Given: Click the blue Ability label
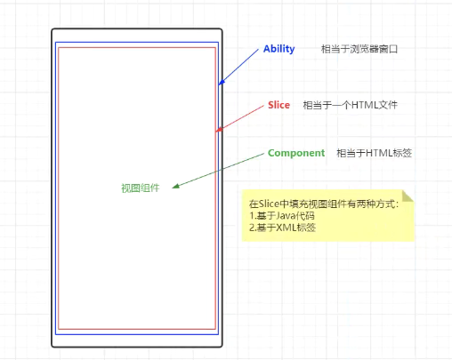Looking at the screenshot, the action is point(278,49).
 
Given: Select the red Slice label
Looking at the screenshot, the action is point(278,105).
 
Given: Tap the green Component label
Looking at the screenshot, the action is point(296,153).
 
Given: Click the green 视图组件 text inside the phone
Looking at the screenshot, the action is point(141,188).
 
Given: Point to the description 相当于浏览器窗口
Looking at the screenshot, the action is point(359,49).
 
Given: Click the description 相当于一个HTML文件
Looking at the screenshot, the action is point(350,105).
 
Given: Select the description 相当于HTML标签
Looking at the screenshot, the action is point(374,153).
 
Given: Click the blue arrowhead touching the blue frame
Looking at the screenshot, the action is point(222,83).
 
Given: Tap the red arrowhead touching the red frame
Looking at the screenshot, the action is point(219,130).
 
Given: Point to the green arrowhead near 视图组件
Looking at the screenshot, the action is point(175,186).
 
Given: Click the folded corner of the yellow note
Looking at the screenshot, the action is point(408,196).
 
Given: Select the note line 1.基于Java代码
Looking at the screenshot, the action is point(282,216).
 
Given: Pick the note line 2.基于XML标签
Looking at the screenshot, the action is point(282,228).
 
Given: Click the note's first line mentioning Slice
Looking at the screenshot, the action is point(324,204).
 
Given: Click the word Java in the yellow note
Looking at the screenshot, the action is point(285,216).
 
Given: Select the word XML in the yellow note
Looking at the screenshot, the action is point(286,228).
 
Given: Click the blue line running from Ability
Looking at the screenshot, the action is point(238,67).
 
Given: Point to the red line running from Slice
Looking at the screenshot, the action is point(239,118).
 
